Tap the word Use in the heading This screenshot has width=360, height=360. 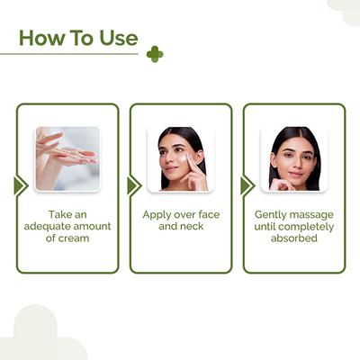tap(117, 38)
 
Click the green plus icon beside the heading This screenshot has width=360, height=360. tap(155, 54)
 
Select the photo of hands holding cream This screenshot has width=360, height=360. tap(67, 158)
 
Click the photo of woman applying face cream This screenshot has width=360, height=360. tap(181, 158)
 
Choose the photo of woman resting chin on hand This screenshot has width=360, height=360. tap(294, 158)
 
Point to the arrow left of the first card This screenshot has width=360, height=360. tap(20, 185)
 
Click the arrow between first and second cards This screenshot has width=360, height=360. tap(133, 185)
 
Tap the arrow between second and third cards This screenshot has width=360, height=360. tap(247, 185)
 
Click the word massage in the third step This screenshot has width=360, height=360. tap(314, 215)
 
